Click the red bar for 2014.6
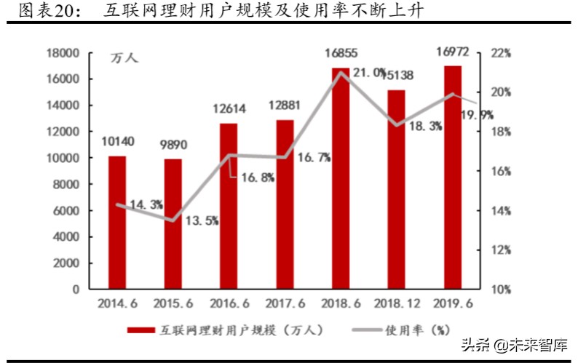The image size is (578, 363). (x=117, y=222)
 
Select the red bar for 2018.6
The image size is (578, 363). (x=341, y=178)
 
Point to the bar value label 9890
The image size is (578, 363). (x=173, y=145)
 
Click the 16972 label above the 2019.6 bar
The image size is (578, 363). (x=452, y=52)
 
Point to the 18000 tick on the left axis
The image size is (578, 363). (x=61, y=53)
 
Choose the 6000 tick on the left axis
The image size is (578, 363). (x=65, y=210)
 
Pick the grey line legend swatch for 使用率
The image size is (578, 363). (x=372, y=330)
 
